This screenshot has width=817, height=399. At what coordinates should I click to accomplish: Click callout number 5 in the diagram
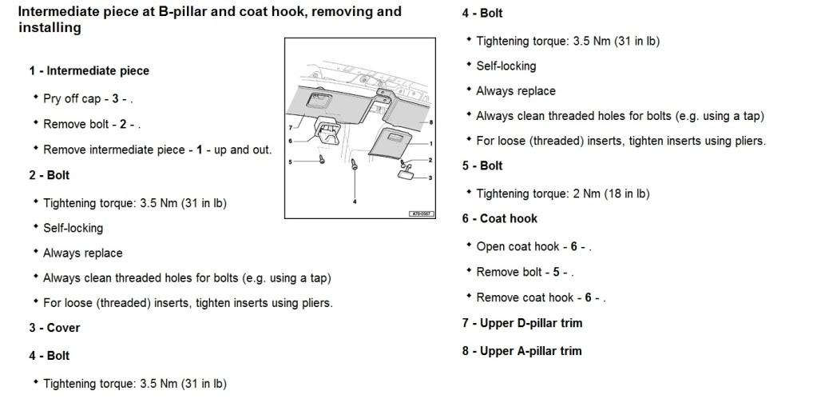(x=292, y=162)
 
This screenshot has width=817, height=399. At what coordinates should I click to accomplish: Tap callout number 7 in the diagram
(x=292, y=127)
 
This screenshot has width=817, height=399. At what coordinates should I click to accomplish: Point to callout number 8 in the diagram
(x=430, y=122)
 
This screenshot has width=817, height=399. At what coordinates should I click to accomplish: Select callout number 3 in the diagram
(x=430, y=178)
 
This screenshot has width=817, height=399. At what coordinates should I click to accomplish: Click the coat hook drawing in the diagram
(x=327, y=129)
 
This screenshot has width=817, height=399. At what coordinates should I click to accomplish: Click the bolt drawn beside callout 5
(x=321, y=159)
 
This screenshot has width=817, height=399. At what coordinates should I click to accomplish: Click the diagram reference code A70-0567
(x=420, y=213)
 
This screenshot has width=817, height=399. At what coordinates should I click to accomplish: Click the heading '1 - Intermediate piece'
(x=89, y=70)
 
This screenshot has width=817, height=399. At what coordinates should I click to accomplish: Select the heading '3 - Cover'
(x=54, y=328)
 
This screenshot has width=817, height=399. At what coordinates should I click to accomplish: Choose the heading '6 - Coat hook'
(x=499, y=218)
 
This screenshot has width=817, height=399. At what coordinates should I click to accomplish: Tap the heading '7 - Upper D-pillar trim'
(x=522, y=323)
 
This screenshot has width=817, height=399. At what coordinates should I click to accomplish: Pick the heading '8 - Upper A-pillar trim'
(x=522, y=351)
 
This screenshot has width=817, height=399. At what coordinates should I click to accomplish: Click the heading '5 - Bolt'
(x=482, y=166)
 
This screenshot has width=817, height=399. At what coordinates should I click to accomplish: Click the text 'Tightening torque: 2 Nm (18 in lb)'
(x=562, y=194)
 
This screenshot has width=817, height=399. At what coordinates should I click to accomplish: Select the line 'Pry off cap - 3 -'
(x=87, y=99)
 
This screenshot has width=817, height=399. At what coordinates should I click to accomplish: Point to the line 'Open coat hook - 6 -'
(x=533, y=246)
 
